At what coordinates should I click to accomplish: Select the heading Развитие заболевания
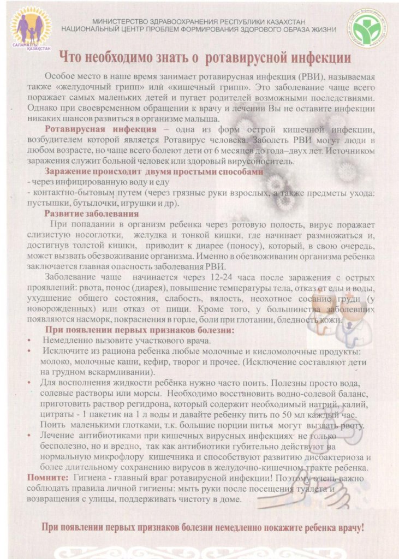pos(92,213)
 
